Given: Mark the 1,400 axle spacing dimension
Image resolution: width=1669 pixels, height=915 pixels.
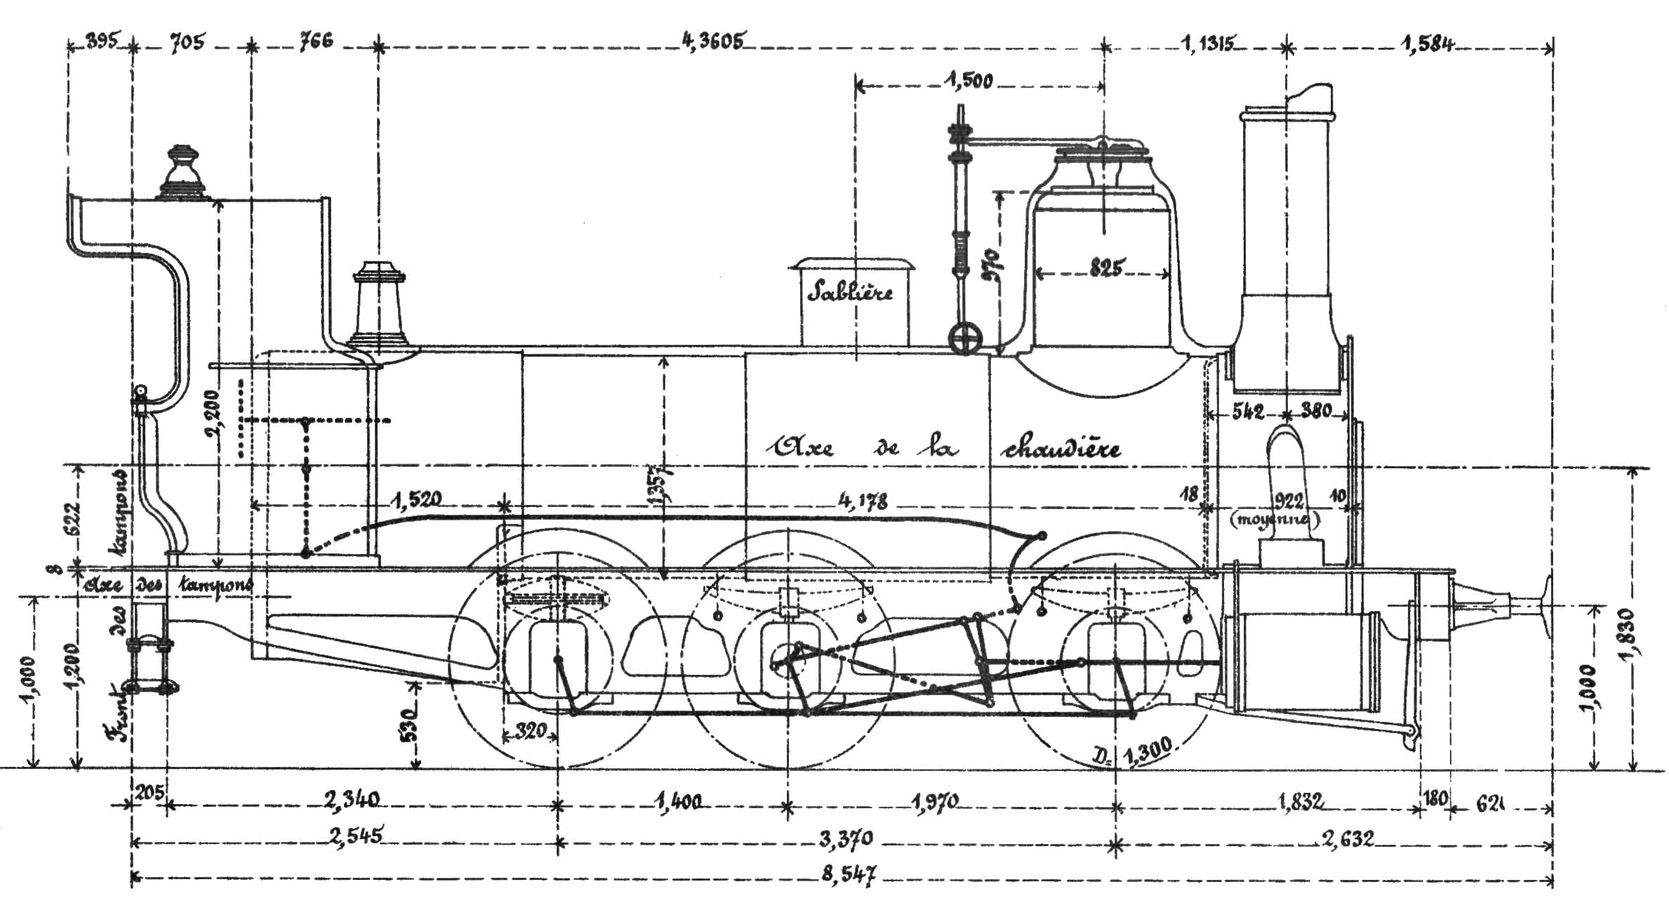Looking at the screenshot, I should pyautogui.click(x=680, y=801).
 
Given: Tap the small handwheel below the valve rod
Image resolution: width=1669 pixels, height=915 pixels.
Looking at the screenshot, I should pyautogui.click(x=964, y=341).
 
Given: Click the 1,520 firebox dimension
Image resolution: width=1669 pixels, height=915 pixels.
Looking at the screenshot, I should pyautogui.click(x=415, y=499).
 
